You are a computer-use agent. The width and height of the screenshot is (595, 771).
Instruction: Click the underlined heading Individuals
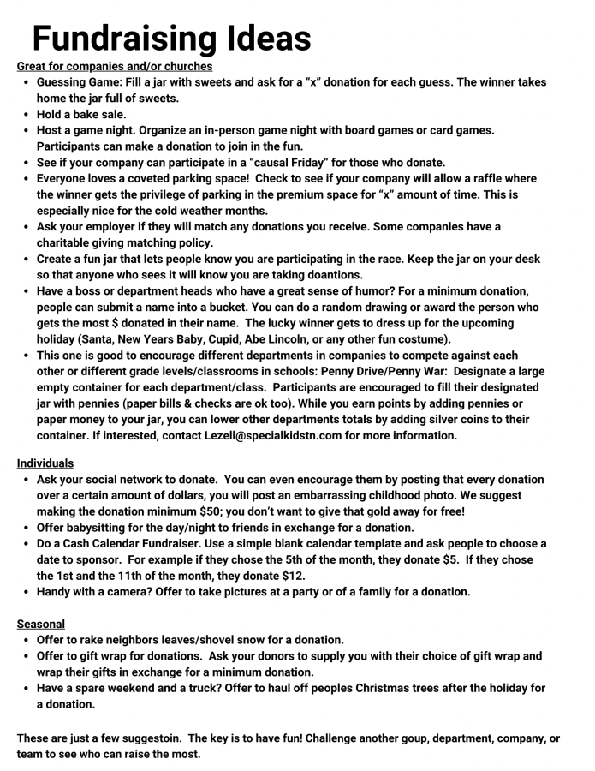[x=46, y=463]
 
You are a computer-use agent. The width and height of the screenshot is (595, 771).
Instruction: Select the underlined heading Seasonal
[x=41, y=625]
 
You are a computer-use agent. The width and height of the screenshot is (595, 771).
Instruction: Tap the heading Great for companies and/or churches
[x=115, y=66]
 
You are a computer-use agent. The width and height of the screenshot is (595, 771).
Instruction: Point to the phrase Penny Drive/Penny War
[x=365, y=371]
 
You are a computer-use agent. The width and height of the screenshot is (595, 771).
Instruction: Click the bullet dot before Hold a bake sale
[x=25, y=114]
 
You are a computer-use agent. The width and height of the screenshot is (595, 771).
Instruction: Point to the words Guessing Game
[x=77, y=82]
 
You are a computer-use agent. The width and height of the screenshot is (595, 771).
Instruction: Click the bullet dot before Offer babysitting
[x=25, y=527]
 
